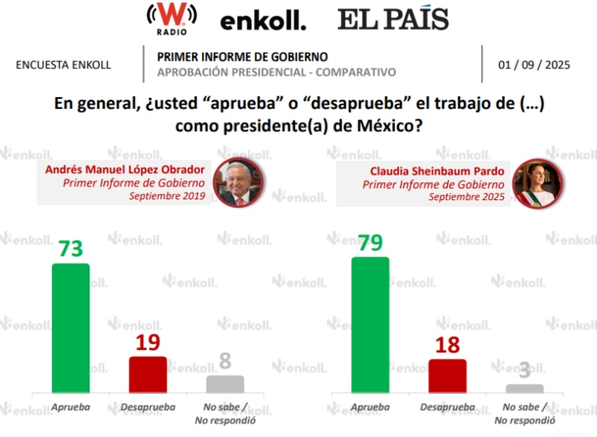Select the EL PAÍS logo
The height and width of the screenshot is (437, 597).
coord(392,19)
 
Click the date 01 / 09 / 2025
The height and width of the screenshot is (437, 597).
coord(535,65)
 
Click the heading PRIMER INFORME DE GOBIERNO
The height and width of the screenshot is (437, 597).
coord(230,57)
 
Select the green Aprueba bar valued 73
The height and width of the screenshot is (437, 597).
coord(71,327)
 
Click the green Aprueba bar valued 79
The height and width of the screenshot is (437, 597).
coord(370,324)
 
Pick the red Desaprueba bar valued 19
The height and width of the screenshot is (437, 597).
coord(148,374)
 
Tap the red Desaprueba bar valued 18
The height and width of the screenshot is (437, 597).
coord(447,375)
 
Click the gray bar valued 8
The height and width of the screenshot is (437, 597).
coord(225,383)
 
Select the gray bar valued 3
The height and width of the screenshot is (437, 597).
coord(524,388)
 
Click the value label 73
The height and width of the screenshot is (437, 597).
coord(71,249)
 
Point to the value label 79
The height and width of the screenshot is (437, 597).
coord(370,243)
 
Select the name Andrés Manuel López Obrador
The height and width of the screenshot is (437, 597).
coord(125,169)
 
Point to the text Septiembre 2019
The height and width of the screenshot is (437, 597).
coord(166,196)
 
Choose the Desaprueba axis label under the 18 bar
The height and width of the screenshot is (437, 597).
coord(447,407)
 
